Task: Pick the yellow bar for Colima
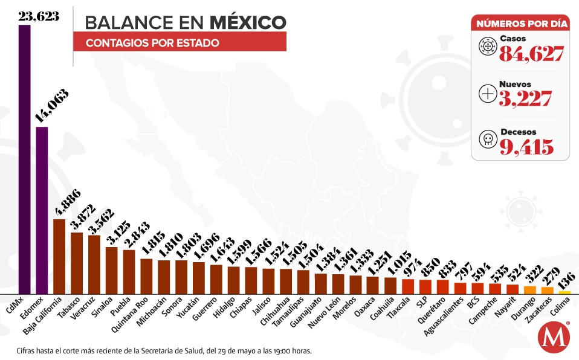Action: pos(564,292)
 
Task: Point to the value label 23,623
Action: pos(38,16)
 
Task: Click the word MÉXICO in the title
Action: pos(248,22)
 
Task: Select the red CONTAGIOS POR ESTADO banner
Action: pos(180,43)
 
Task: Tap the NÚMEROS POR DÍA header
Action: pos(522,24)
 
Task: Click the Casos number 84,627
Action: pos(531,54)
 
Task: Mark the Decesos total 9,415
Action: pos(526,147)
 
